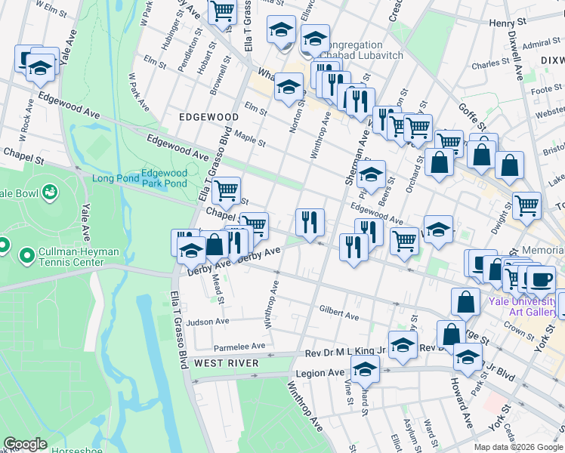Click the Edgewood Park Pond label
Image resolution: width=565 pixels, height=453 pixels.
(x=164, y=178)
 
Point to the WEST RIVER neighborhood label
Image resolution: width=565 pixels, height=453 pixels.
(x=227, y=363)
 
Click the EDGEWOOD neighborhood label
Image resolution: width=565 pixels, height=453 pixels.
(x=208, y=117)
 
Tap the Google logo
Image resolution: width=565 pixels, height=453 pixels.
(x=25, y=444)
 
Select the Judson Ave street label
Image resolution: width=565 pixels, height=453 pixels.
(x=208, y=322)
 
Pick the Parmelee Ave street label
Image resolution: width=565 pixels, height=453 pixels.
(x=239, y=347)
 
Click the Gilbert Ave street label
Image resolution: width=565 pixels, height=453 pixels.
(x=338, y=311)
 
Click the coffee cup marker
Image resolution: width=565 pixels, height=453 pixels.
(x=540, y=279)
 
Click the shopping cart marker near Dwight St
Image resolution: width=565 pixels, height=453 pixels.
(x=526, y=204)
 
